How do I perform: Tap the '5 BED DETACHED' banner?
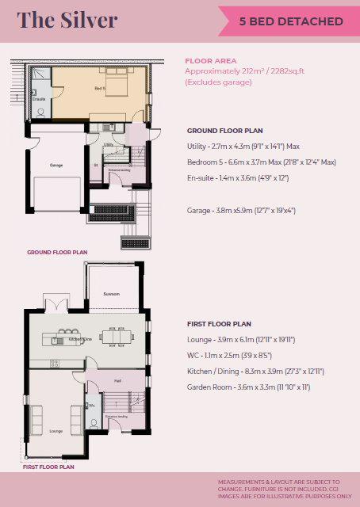coord(292,21)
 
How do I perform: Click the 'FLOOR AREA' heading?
coord(210,60)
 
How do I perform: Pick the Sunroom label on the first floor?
coord(112,294)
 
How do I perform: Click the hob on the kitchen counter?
coord(56,364)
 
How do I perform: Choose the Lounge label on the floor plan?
coord(56,431)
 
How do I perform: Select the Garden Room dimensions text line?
coord(248,387)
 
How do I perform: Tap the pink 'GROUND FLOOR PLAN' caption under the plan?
coord(56,253)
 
